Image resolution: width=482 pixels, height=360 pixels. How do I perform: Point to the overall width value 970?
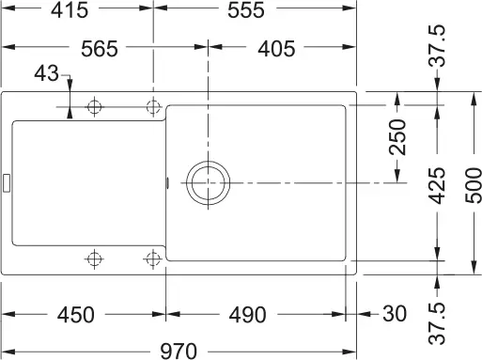click(x=178, y=350)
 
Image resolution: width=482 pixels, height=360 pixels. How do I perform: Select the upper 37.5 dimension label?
click(x=438, y=47)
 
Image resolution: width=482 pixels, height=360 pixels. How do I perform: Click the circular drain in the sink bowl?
click(x=207, y=181)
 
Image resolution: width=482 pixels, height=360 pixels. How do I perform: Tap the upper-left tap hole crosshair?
click(x=94, y=106)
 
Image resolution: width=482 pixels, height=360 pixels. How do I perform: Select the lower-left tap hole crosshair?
click(x=94, y=258)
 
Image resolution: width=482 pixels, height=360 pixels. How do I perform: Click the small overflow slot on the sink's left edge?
click(x=6, y=182)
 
